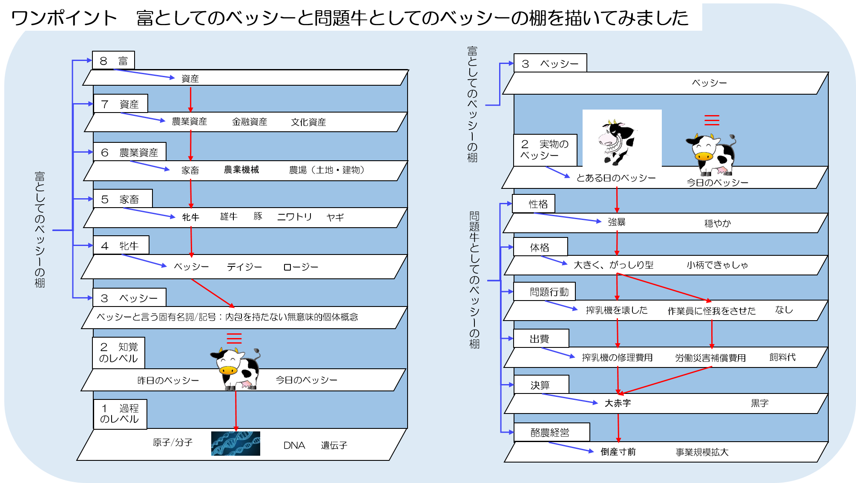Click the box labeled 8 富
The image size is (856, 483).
(113, 61)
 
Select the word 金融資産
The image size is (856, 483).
(250, 122)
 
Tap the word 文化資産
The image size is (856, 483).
(308, 122)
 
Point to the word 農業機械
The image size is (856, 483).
(241, 170)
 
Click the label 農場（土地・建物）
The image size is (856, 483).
(327, 170)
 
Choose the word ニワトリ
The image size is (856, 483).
(295, 217)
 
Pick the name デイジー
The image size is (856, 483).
(244, 267)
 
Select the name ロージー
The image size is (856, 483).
(301, 267)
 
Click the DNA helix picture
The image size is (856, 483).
(236, 443)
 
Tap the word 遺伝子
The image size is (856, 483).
(334, 445)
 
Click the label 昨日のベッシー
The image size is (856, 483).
(168, 380)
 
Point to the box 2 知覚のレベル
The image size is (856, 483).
(118, 353)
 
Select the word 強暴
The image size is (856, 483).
(617, 222)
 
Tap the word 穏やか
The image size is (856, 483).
(718, 223)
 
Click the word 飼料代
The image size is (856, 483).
(782, 357)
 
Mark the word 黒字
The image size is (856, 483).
(760, 403)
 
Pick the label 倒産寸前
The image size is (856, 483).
(618, 452)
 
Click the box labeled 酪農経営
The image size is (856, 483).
(552, 432)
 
